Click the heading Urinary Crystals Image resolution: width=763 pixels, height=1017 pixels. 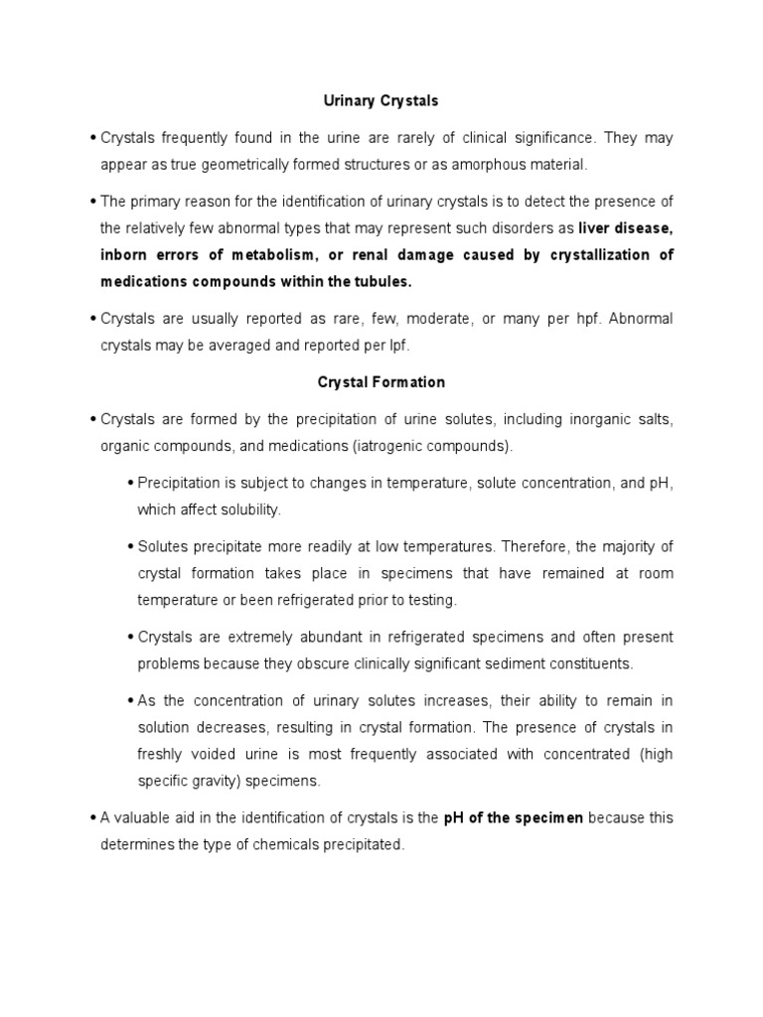tap(381, 101)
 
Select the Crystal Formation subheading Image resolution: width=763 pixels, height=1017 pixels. tap(381, 381)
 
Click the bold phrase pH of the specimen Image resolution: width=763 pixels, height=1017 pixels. tap(524, 818)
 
